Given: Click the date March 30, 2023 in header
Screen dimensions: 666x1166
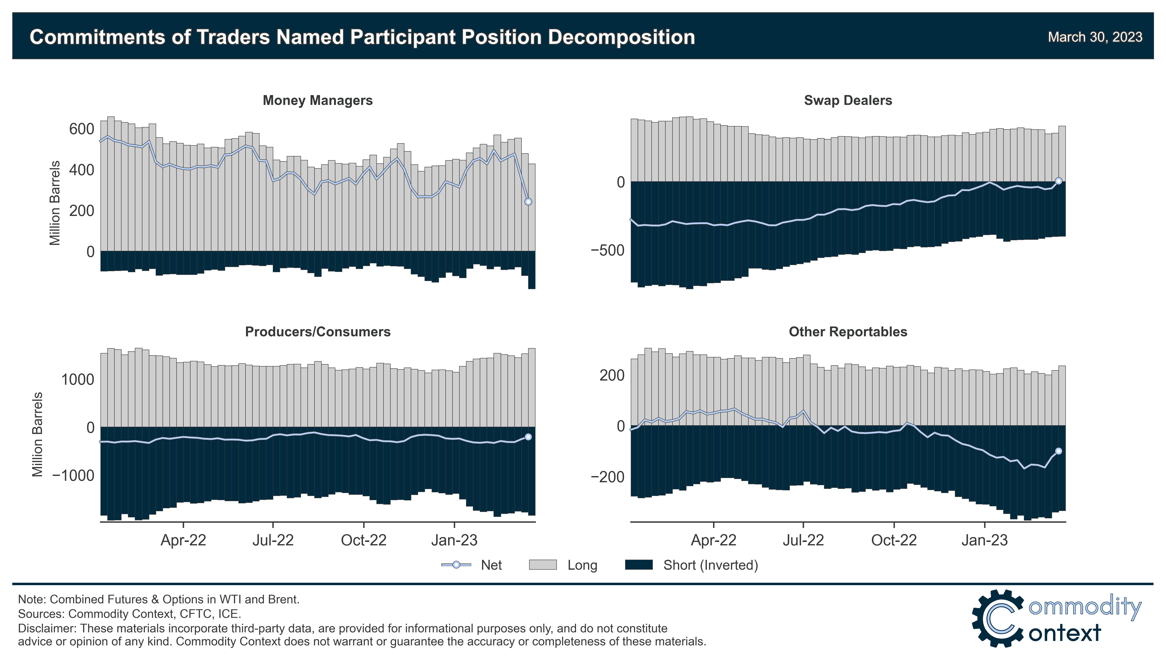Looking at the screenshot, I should click(x=1095, y=37).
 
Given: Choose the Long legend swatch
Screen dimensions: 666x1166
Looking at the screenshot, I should click(x=543, y=565).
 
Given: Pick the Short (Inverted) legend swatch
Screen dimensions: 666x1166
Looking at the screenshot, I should click(x=639, y=565).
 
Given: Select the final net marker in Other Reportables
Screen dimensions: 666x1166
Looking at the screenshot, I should click(x=1058, y=451).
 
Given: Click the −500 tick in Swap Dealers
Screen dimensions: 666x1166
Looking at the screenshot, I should click(x=607, y=250).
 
